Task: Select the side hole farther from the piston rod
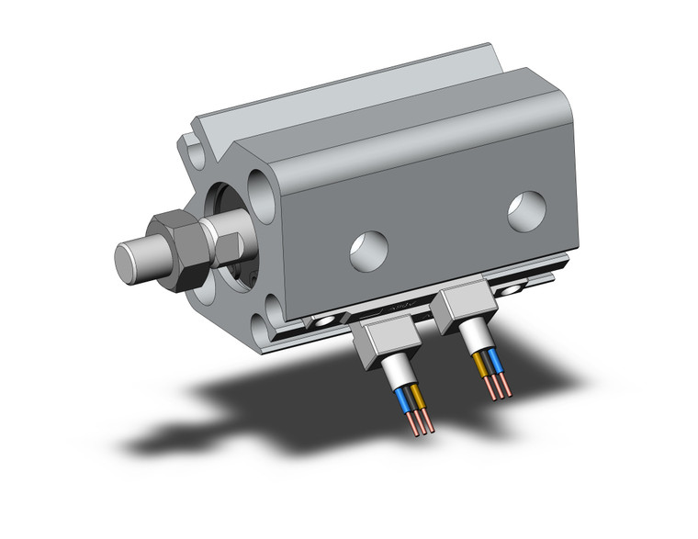click(x=526, y=210)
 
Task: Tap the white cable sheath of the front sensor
click(x=396, y=376)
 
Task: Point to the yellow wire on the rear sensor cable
click(x=482, y=365)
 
